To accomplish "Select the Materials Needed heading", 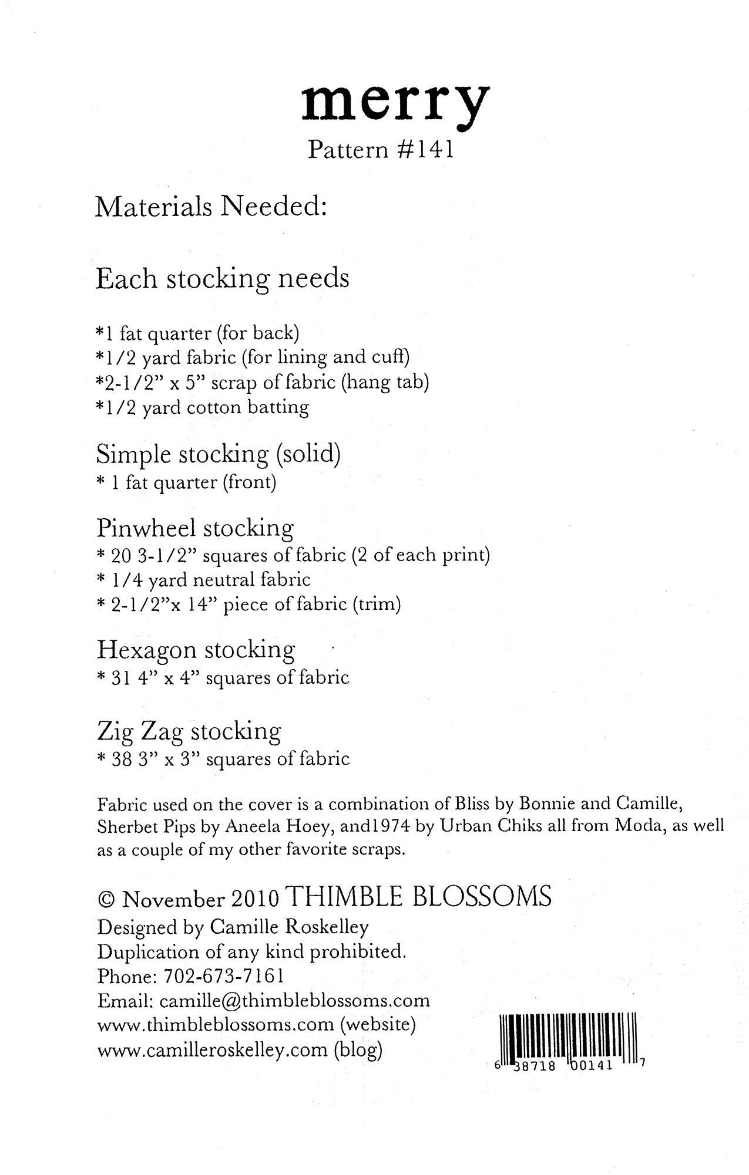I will click(211, 207).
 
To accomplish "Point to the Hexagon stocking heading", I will click(196, 650).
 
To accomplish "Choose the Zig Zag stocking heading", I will click(189, 731).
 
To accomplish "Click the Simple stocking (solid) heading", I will click(218, 454).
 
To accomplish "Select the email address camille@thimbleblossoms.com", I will click(294, 1000).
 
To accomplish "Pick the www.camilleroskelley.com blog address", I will click(212, 1049).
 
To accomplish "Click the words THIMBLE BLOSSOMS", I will click(421, 897).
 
